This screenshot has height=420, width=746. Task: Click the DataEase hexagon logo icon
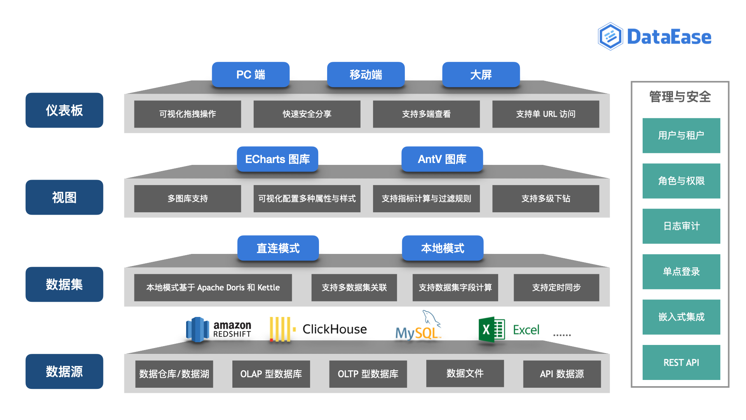[610, 37]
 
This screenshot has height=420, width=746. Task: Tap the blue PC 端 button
[251, 74]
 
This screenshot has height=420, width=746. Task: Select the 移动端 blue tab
[366, 74]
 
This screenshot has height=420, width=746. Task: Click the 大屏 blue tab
[481, 74]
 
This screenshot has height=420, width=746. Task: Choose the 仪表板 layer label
[64, 110]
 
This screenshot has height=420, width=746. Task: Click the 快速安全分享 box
[307, 114]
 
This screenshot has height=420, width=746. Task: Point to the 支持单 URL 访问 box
[546, 114]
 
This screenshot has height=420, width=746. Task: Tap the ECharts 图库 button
[277, 159]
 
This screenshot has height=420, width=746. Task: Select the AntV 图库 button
[442, 159]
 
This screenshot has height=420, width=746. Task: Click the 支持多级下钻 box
[546, 198]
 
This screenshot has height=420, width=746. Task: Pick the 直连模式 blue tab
[278, 248]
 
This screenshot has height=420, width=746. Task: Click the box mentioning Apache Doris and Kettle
[213, 287]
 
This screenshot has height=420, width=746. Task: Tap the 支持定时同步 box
[556, 287]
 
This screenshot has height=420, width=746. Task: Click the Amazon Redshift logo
[219, 329]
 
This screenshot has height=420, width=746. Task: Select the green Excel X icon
[491, 329]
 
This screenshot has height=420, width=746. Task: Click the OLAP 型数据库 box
[271, 374]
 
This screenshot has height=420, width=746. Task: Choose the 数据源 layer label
[64, 371]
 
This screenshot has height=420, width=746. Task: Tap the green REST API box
[681, 362]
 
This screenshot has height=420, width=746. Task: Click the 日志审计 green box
[681, 226]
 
